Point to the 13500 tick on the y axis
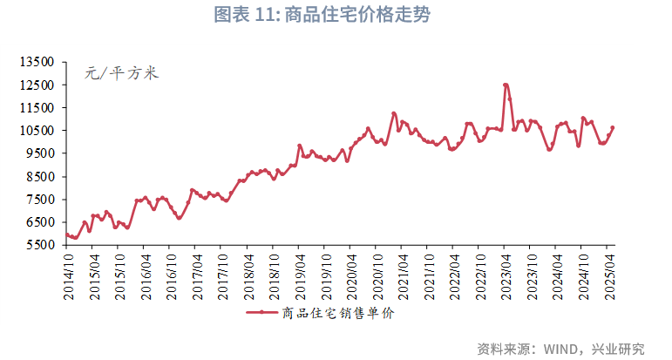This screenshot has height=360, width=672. point(37,63)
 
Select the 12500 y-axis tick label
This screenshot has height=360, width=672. point(37,85)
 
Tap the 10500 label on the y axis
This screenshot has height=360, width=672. point(37,131)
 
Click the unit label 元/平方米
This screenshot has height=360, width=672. point(121,74)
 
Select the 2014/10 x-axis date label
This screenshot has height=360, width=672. point(68,277)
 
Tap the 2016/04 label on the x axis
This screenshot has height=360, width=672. point(146,277)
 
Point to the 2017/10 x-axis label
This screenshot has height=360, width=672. point(223,277)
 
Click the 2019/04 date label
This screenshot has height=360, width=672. point(301,277)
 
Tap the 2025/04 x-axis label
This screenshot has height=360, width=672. point(611,277)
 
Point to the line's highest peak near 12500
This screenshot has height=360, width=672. point(506,85)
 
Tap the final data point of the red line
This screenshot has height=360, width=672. point(612,127)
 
